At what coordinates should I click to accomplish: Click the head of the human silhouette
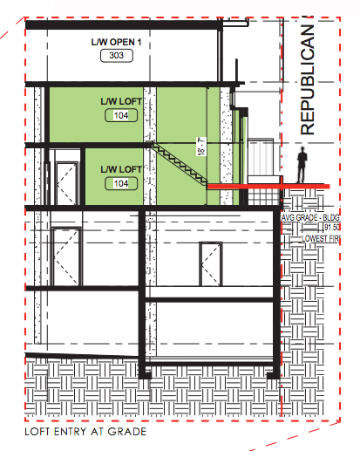point(302,151)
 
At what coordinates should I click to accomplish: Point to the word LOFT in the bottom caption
point(42,431)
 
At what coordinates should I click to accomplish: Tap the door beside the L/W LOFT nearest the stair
point(66,176)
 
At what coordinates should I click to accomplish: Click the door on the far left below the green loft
point(65,256)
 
